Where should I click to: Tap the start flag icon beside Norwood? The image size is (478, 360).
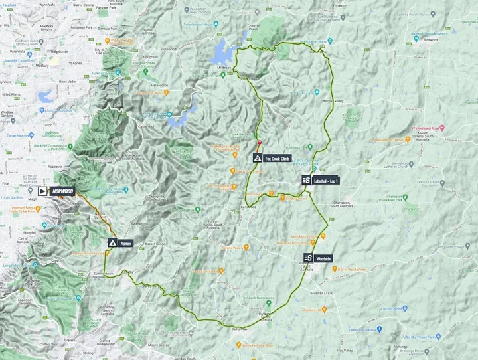tap(43, 191)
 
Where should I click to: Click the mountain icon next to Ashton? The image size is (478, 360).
tap(113, 244)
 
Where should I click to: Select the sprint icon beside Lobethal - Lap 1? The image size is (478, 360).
tap(305, 180)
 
